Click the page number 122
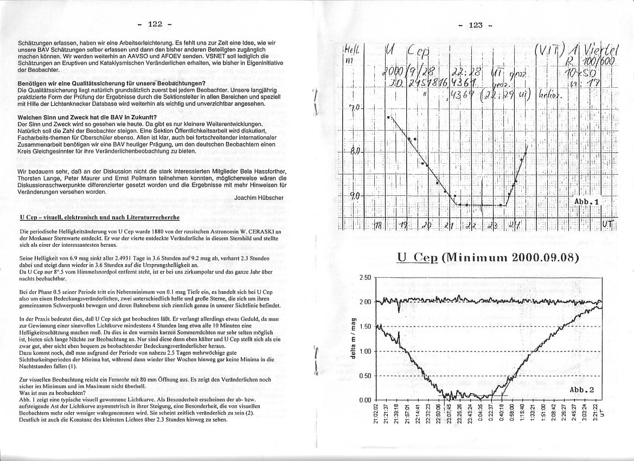pos(155,24)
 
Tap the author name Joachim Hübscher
pos(258,198)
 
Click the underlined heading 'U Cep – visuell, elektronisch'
pos(100,217)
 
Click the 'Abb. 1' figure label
pos(586,201)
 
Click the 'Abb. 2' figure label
pos(582,390)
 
